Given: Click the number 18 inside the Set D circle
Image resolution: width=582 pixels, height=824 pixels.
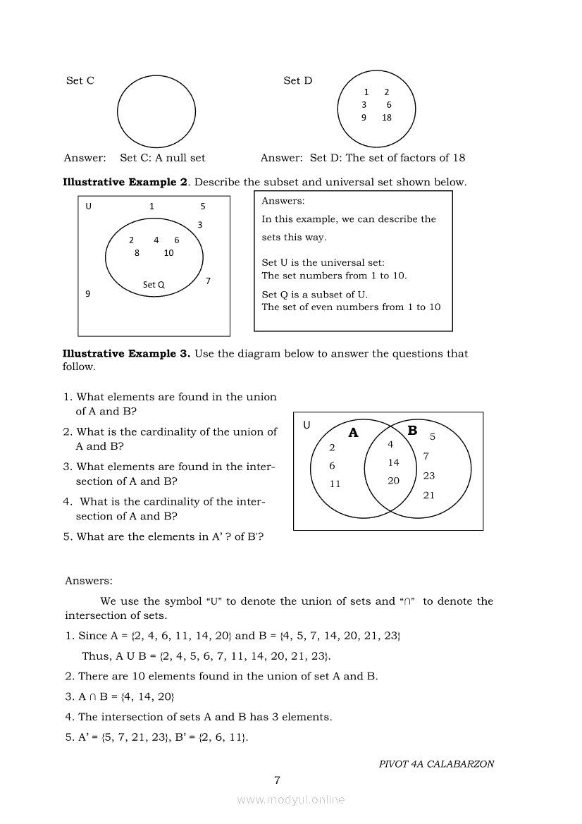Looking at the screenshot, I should point(387,118).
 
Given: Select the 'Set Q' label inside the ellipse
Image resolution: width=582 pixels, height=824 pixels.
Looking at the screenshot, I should point(154,285).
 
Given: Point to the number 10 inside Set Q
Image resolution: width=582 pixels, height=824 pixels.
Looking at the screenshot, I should point(168,253).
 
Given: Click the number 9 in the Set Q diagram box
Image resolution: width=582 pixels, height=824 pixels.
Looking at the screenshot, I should point(87,294).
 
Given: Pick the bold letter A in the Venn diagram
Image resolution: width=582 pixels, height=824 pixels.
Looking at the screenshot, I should point(353,433).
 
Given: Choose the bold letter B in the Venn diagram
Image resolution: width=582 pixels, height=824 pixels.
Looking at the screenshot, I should point(412,431).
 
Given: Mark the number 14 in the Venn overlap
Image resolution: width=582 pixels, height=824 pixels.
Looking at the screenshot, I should point(393,462).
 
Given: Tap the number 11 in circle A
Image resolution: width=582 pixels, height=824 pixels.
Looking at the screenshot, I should point(335,484).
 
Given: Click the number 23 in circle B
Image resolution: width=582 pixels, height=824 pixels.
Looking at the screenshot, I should point(429,476).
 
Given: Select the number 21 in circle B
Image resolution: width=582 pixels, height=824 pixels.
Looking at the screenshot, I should point(429,496).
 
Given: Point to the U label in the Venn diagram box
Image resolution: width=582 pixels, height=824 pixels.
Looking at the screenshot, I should point(307,425).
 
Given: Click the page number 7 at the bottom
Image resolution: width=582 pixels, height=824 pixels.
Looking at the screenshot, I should point(277,780).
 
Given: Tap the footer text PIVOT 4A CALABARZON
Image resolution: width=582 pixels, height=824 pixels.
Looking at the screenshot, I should point(436,763).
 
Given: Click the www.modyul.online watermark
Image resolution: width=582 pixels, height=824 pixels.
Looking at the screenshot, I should point(291,800).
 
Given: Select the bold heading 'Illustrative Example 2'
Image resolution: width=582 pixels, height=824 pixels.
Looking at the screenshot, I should point(125,182).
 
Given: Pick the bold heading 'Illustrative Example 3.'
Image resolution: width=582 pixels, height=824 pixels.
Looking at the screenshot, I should point(126,353).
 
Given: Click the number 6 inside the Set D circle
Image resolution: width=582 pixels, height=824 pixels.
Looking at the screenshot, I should point(389,104).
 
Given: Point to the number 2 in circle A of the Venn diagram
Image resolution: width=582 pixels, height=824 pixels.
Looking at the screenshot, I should point(333,448).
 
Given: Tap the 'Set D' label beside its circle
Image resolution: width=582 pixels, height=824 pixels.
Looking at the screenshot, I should point(297,80).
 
